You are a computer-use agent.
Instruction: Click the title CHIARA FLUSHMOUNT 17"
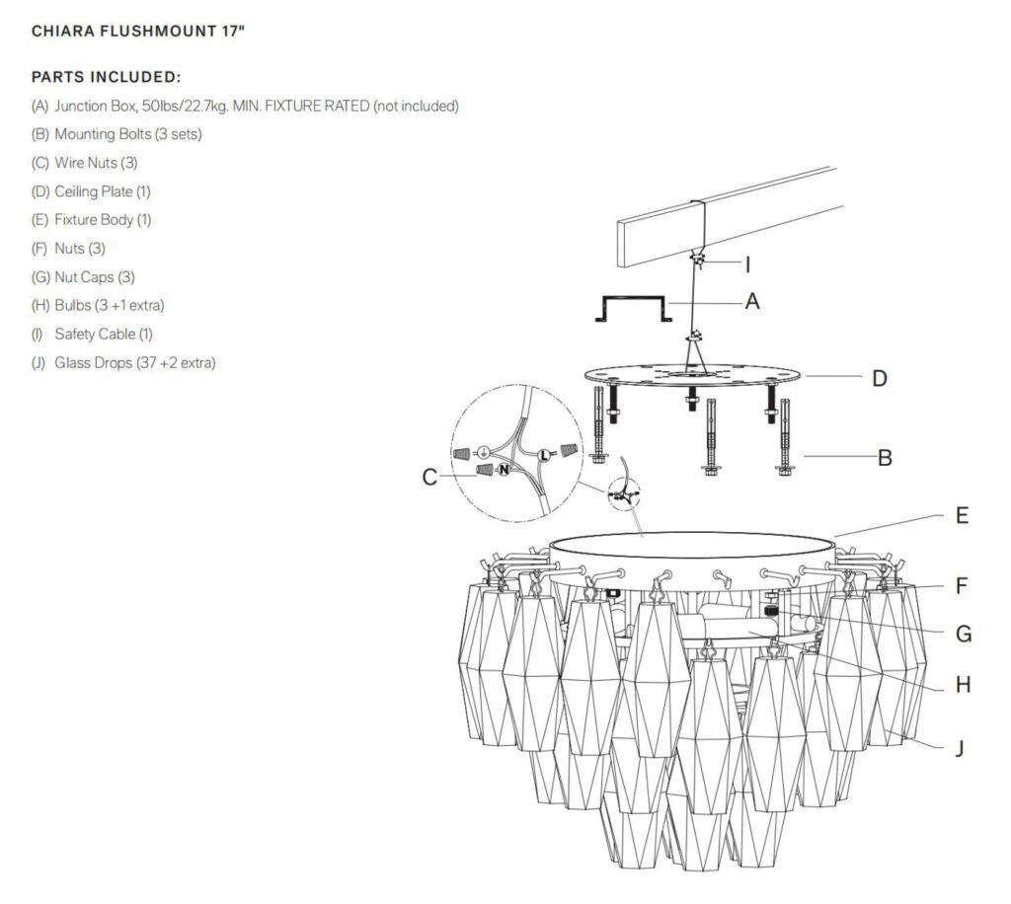[138, 31]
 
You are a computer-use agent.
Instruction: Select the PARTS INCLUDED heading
[106, 77]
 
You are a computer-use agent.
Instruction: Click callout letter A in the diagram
[752, 302]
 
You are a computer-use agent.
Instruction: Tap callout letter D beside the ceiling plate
[879, 378]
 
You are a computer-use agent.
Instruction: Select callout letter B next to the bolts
[885, 457]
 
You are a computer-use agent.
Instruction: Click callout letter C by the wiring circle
[429, 477]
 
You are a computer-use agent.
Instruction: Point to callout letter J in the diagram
[958, 748]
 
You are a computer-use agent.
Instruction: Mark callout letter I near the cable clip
[747, 264]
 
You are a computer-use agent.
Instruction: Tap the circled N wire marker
[503, 470]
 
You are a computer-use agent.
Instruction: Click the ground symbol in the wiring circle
[485, 453]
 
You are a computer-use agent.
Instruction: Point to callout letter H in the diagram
[963, 684]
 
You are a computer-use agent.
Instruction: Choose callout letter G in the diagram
[964, 633]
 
